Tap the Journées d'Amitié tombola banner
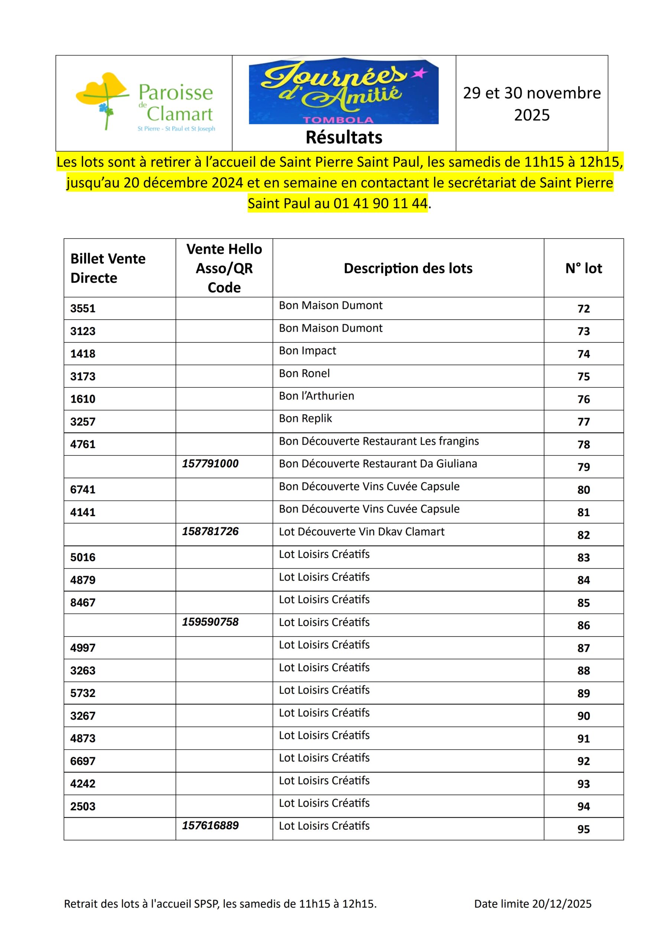[343, 91]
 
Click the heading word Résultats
[344, 137]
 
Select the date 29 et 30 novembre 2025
[532, 104]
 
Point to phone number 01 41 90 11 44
[380, 203]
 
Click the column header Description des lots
[408, 269]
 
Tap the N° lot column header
[583, 269]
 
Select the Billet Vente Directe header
[108, 268]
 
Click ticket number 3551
[83, 309]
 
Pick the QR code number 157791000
[211, 464]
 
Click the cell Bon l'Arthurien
[316, 396]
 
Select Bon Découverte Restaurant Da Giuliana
[378, 464]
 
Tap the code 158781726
[211, 532]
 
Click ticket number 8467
[83, 603]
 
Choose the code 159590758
[211, 622]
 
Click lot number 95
[583, 829]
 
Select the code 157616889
[211, 825]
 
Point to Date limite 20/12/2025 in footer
[532, 904]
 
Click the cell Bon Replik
[306, 418]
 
